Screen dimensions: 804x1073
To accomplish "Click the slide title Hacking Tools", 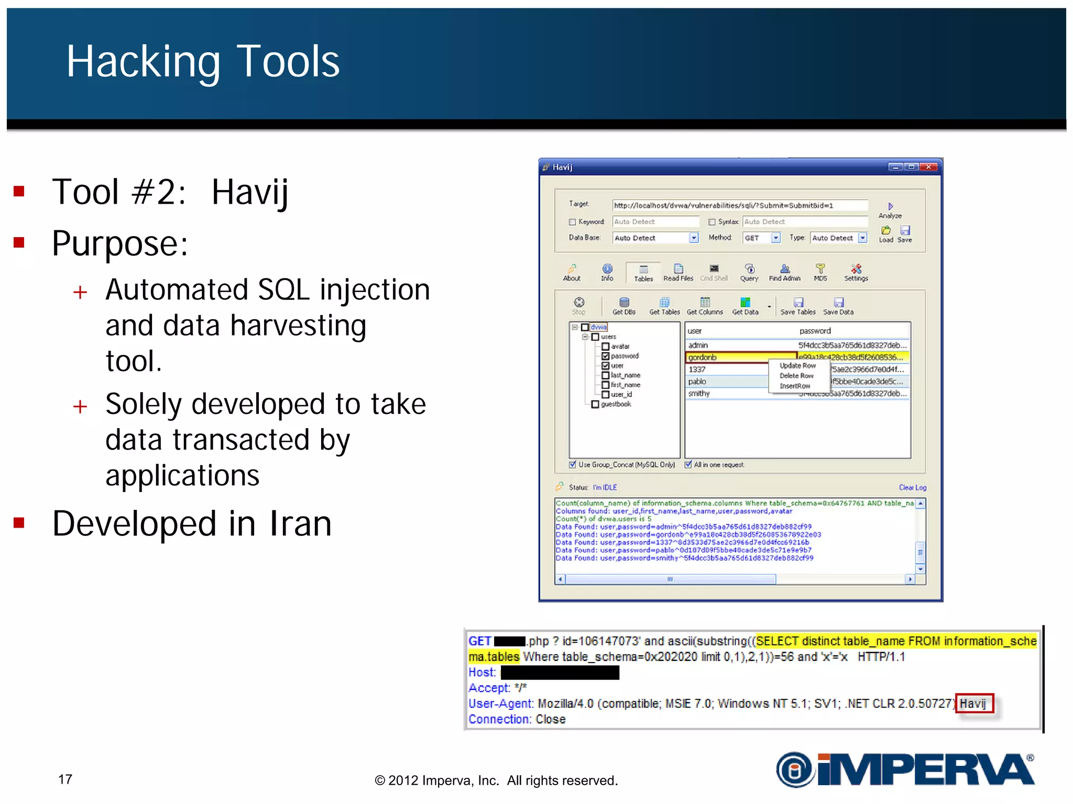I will coord(203,62).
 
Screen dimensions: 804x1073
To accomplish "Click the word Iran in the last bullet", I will coord(300,524).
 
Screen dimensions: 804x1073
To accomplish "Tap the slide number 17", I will coord(65,779).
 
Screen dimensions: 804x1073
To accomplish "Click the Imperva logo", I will coord(905,769).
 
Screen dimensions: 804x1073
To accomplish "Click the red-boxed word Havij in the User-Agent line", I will coord(973,703).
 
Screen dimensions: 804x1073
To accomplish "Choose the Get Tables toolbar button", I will coord(664,306).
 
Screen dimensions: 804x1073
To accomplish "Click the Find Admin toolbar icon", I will coord(784,272).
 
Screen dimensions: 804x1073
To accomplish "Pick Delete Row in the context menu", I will coord(796,376).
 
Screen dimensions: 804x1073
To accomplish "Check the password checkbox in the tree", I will coord(606,356).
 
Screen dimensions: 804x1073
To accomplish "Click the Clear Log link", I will coord(912,487).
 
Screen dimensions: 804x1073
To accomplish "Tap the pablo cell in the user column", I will coord(697,382).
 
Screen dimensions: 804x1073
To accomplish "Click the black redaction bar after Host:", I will coord(560,673).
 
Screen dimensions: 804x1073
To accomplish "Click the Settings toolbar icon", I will coord(856,272).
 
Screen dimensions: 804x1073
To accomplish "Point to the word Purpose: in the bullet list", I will coord(120,244).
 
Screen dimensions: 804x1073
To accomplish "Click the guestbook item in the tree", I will coord(616,404).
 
